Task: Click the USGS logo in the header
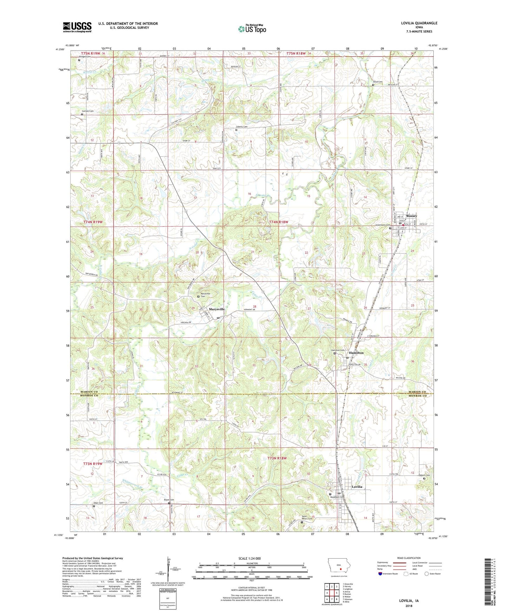coord(77,27)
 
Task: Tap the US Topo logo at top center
coord(252,28)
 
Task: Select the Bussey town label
coord(409,216)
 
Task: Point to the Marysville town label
coord(216,309)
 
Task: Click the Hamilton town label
coord(356,353)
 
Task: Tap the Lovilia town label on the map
coord(357,487)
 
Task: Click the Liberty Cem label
coord(242,127)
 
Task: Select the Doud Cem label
coord(378,82)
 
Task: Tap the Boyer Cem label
coord(169,500)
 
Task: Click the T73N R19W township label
coord(93,464)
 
